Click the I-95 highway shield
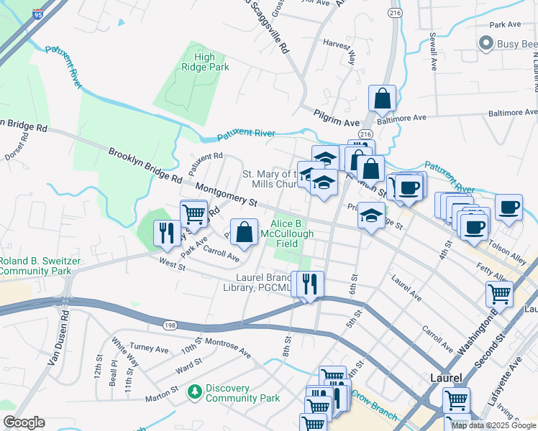pyautogui.click(x=37, y=13)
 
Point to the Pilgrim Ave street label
pyautogui.click(x=335, y=112)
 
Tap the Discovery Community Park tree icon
pyautogui.click(x=193, y=392)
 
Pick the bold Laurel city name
pyautogui.click(x=445, y=376)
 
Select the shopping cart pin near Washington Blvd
pyautogui.click(x=498, y=293)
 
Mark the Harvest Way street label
pyautogui.click(x=340, y=52)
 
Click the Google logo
pyautogui.click(x=24, y=422)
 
